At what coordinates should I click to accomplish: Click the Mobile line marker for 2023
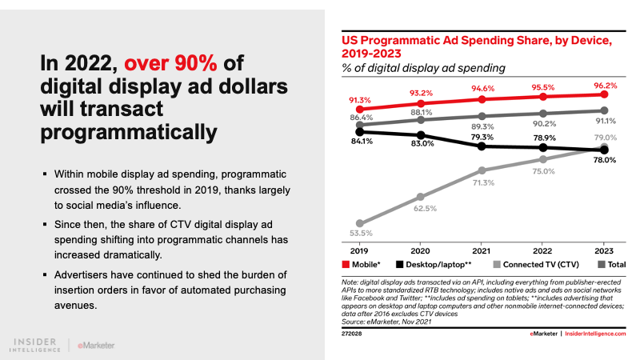[x=605, y=94]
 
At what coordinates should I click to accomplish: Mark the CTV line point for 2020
[x=422, y=196]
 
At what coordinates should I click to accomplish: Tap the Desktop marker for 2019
[x=360, y=132]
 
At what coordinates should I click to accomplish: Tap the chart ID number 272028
[x=353, y=333]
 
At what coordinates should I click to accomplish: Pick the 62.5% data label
[x=422, y=209]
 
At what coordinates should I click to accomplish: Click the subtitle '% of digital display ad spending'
[x=424, y=68]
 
